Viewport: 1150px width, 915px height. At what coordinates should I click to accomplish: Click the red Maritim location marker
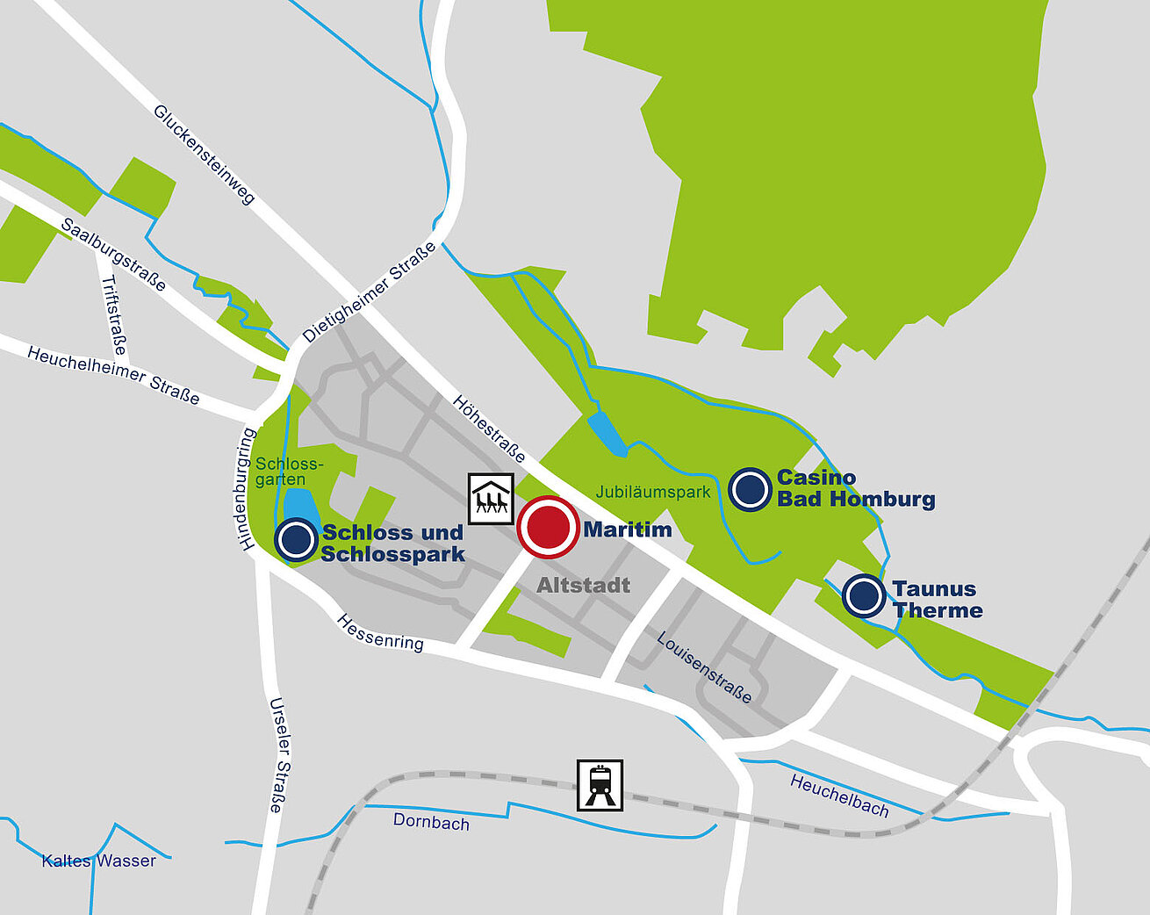pyautogui.click(x=548, y=528)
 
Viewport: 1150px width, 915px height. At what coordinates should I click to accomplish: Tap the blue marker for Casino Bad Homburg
pyautogui.click(x=750, y=489)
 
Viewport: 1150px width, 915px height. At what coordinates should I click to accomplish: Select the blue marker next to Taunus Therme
pyautogui.click(x=865, y=595)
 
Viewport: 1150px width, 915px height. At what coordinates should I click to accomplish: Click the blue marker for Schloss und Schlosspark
pyautogui.click(x=297, y=539)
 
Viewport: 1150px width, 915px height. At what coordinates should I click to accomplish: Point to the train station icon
pyautogui.click(x=600, y=785)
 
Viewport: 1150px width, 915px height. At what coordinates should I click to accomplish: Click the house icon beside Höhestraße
pyautogui.click(x=491, y=499)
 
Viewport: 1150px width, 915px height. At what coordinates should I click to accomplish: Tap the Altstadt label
pyautogui.click(x=584, y=585)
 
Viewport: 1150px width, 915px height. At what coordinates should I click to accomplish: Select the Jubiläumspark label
pyautogui.click(x=653, y=492)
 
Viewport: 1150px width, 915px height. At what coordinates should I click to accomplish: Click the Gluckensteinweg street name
pyautogui.click(x=205, y=155)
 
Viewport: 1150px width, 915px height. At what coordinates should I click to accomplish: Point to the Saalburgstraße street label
pyautogui.click(x=113, y=255)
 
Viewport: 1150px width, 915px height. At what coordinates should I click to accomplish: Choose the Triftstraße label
pyautogui.click(x=115, y=315)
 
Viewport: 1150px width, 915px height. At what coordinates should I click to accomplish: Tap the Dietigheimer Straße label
pyautogui.click(x=370, y=292)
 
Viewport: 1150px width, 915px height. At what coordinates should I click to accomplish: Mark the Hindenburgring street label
pyautogui.click(x=247, y=489)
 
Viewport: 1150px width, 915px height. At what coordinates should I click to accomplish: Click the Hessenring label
pyautogui.click(x=380, y=632)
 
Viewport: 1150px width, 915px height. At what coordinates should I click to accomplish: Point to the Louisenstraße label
pyautogui.click(x=704, y=667)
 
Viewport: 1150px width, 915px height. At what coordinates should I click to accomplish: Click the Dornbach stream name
pyautogui.click(x=431, y=821)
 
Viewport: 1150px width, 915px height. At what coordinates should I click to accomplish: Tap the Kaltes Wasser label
pyautogui.click(x=98, y=861)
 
